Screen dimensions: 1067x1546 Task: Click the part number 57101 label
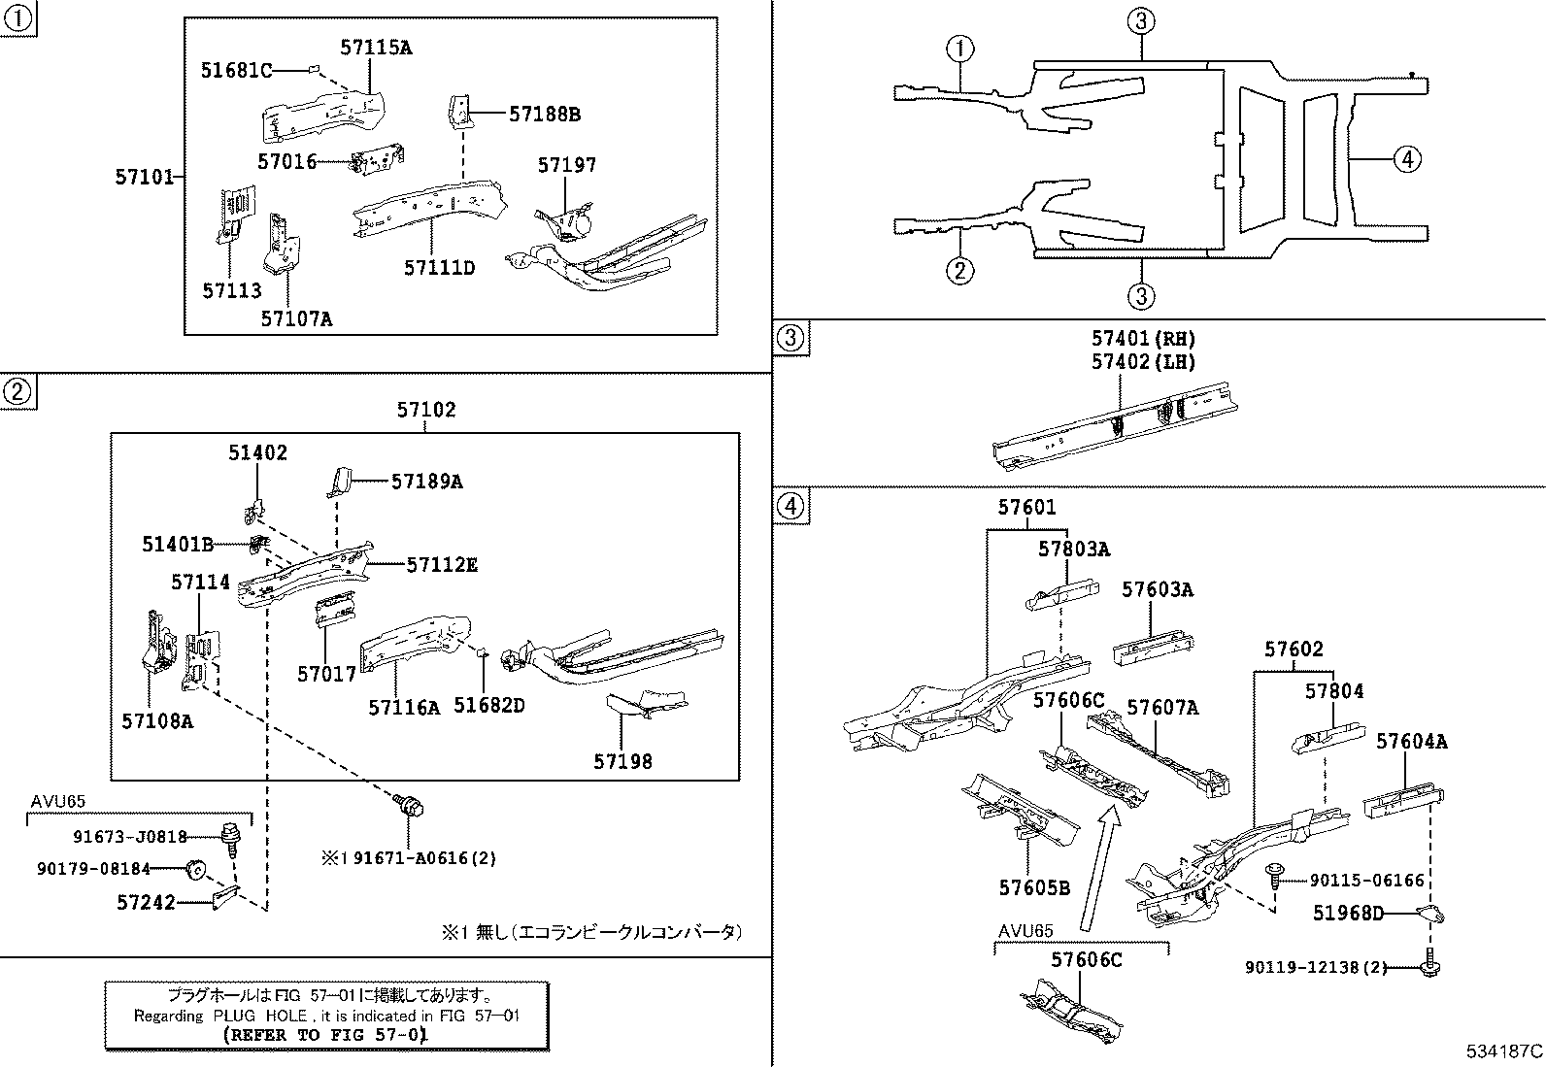pos(144,177)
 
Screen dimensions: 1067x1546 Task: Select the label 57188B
pos(544,115)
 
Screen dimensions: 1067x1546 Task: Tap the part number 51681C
pos(236,70)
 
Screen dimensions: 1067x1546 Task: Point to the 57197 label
pos(566,166)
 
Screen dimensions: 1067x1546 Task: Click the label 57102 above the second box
pos(425,411)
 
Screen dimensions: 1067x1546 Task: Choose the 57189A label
pos(426,481)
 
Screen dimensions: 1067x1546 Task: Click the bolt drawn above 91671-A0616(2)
pos(411,805)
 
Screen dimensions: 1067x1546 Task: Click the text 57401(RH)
pos(1143,339)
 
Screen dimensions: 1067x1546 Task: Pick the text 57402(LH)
pos(1143,362)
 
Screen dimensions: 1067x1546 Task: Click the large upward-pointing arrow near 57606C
pos(1097,869)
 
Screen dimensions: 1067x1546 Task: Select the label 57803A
pos(1073,550)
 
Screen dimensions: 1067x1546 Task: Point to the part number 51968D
pos(1348,914)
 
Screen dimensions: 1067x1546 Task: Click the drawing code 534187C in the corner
pos(1503,1050)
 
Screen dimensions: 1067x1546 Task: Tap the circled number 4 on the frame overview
pos(1407,158)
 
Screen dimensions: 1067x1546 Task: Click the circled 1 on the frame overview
pos(959,49)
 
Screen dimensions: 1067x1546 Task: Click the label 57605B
pos(1034,887)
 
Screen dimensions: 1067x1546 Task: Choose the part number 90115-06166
pos(1366,881)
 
